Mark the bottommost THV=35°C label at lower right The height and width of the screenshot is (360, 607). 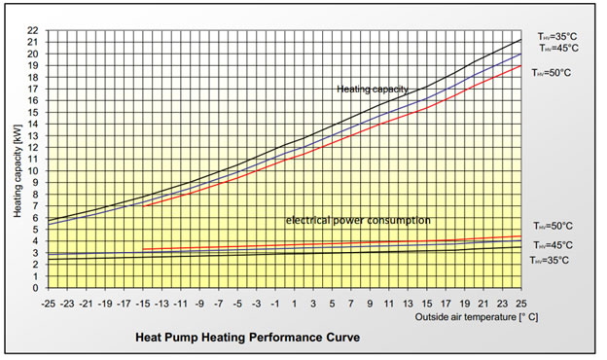click(x=550, y=260)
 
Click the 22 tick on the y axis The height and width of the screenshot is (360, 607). click(x=34, y=30)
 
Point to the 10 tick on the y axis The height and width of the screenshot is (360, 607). click(x=34, y=170)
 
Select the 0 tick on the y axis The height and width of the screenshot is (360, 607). click(x=37, y=288)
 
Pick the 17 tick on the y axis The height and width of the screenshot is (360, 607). click(x=34, y=89)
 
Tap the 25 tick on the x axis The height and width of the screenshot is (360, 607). click(x=522, y=302)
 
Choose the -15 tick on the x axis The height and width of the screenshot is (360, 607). click(x=143, y=302)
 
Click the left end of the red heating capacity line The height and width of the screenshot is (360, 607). click(x=143, y=206)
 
